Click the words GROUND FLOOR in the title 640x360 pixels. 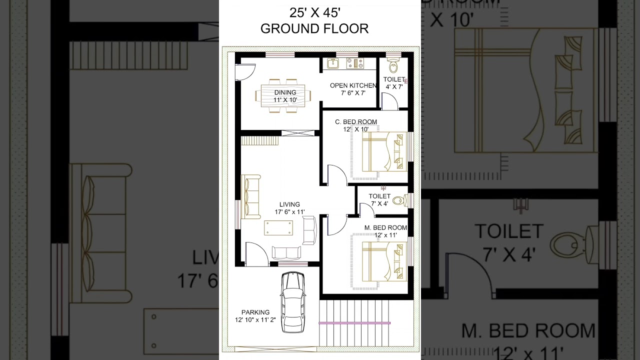click(314, 29)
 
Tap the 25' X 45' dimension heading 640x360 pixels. click(314, 11)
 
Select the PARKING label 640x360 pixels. click(255, 312)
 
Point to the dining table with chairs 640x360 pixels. click(285, 95)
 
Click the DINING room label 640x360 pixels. click(285, 92)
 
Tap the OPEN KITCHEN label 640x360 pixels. click(353, 85)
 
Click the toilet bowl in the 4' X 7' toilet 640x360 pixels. click(393, 66)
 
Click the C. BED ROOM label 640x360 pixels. click(356, 122)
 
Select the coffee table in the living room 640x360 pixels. click(278, 227)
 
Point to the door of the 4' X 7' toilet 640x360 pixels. click(389, 101)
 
